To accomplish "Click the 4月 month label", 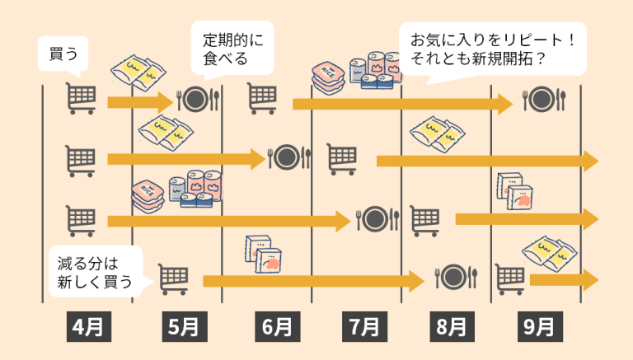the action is coord(89,326).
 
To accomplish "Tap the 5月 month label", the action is coord(185,326).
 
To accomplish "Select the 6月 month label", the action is coord(277,326).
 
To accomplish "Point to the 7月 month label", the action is coord(364,326).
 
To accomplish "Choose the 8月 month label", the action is coord(452,326).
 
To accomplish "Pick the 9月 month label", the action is coord(540,326).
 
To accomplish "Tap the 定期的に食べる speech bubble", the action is coord(232,49).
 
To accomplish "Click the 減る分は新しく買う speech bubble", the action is coord(96,272).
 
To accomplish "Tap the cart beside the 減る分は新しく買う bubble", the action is coord(173,279).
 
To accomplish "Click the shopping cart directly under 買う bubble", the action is coord(81,98).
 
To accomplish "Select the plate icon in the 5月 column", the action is coord(198,100).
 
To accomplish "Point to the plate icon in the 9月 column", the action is coord(544,100).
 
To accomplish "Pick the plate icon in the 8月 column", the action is coord(456,278).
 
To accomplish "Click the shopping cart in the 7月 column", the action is coord(341,159).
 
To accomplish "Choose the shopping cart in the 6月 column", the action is coord(262,98).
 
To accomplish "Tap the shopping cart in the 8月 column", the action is coord(424,221).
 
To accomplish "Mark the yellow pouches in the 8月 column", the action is coord(438,134).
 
